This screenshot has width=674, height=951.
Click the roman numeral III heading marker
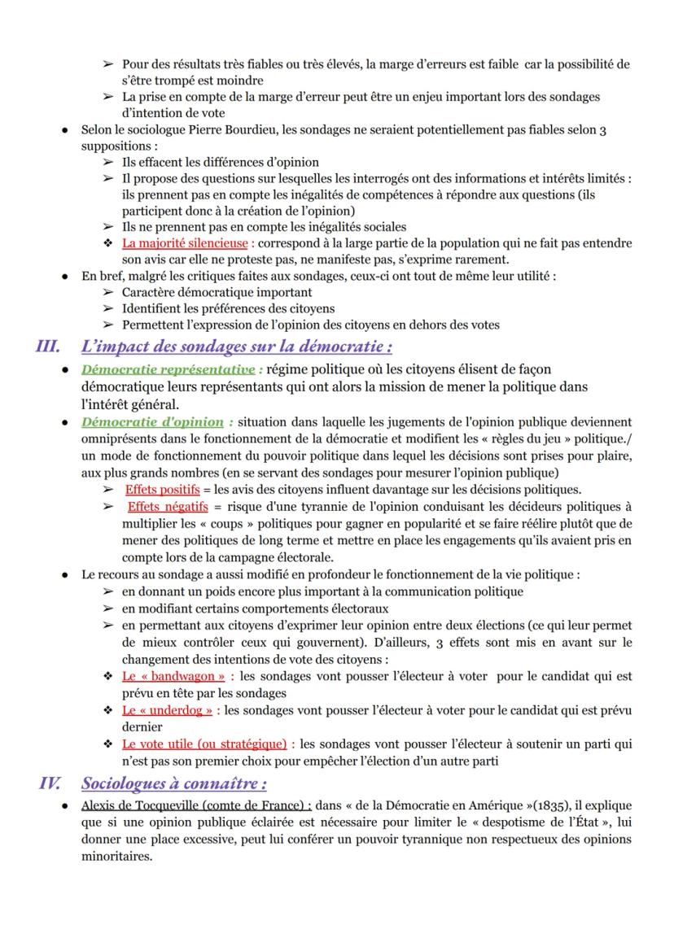coord(48,347)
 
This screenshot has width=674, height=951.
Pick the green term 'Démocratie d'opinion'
coord(152,421)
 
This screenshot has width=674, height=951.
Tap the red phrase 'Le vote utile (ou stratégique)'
coord(204,744)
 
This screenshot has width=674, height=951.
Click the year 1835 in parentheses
coord(465,806)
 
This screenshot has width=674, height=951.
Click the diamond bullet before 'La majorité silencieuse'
coord(106,242)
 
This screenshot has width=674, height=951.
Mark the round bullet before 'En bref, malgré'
coord(64,276)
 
